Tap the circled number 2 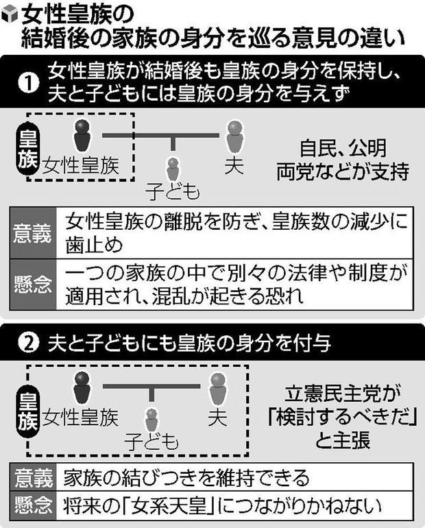click(x=29, y=343)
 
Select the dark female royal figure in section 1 click(x=82, y=136)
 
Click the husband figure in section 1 click(x=234, y=136)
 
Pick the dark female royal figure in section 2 click(x=82, y=387)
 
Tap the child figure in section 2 click(x=151, y=421)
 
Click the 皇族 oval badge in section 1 click(x=28, y=149)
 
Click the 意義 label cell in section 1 click(x=33, y=233)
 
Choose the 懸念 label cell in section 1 click(x=33, y=284)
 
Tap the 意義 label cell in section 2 click(x=34, y=478)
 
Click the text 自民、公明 click(x=343, y=149)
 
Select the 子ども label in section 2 click(x=151, y=442)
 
